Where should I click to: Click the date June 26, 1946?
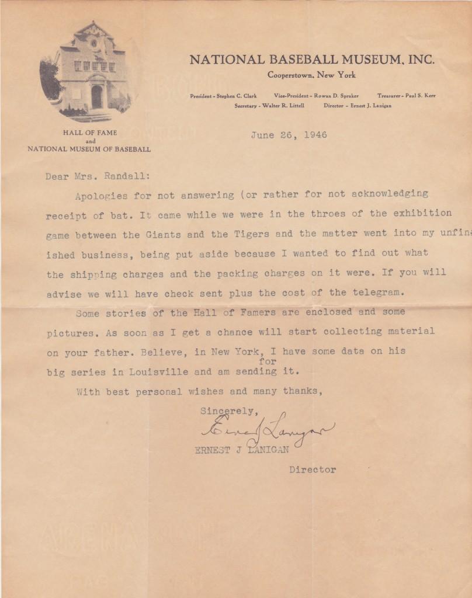289,135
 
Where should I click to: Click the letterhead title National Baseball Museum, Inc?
312,60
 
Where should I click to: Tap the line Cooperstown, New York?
311,75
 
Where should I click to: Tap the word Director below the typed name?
313,470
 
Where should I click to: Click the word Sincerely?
227,411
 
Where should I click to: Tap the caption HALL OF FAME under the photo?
90,133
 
